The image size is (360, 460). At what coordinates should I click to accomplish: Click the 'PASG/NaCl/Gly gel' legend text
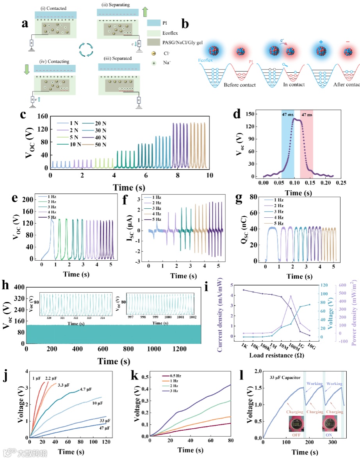coord(180,42)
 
